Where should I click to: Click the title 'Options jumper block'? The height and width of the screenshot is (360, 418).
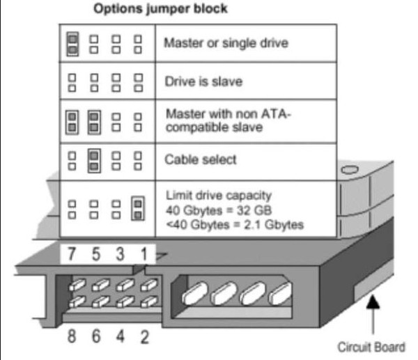click(x=160, y=8)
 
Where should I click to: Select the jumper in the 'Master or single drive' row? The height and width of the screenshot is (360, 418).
click(x=72, y=45)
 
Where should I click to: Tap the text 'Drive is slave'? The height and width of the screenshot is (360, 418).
click(x=203, y=81)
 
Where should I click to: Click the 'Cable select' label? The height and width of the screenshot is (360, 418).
click(x=201, y=159)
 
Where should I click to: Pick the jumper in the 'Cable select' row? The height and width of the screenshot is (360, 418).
click(x=94, y=161)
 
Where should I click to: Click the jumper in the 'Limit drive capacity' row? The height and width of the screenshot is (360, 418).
click(x=138, y=209)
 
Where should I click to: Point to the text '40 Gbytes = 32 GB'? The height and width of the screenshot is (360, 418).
click(x=219, y=210)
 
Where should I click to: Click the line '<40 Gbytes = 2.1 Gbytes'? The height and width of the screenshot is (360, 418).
click(x=235, y=225)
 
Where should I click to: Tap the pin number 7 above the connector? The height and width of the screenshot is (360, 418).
click(x=71, y=253)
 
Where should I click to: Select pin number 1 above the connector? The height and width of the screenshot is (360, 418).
click(x=144, y=253)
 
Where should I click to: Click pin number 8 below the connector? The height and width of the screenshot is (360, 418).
click(x=72, y=336)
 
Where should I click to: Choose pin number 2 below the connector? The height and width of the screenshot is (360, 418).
click(x=144, y=336)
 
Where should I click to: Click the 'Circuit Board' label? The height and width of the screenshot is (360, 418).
click(x=371, y=347)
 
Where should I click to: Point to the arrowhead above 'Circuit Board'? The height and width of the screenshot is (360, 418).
click(x=373, y=302)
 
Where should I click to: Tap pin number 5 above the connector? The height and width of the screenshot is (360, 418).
click(x=96, y=253)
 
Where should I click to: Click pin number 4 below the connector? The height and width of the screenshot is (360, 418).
click(x=121, y=336)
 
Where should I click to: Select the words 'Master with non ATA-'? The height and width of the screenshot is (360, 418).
click(x=229, y=114)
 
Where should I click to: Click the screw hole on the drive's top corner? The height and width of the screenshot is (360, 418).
click(x=350, y=170)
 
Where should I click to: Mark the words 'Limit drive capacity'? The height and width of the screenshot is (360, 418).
click(x=219, y=196)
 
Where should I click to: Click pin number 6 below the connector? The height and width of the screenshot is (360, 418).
click(x=96, y=336)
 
